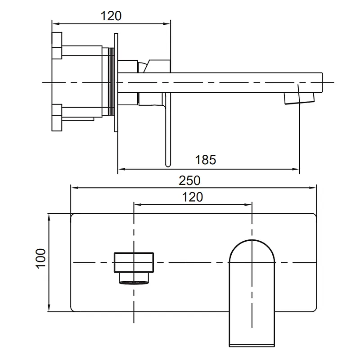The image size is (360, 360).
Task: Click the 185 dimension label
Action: (x=206, y=160)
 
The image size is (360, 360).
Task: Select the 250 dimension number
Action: (x=189, y=180)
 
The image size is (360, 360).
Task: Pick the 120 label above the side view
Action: (x=111, y=16)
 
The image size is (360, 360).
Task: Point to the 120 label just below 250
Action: (x=193, y=197)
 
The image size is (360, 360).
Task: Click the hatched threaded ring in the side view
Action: (x=112, y=81)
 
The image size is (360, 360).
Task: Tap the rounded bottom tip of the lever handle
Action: (x=168, y=164)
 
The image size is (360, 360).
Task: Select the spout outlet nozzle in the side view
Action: (x=299, y=98)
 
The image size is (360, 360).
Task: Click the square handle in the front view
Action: (x=134, y=262)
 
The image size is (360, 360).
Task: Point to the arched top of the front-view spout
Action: (x=252, y=240)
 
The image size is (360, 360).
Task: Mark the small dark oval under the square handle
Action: (x=134, y=283)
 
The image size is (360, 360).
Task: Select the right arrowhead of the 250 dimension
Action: (x=313, y=188)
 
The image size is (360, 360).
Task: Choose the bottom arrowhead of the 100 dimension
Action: (x=49, y=308)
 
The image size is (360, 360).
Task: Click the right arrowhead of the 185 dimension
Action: (x=296, y=169)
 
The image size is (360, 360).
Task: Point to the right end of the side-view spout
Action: (x=322, y=83)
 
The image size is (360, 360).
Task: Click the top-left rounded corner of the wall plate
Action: (x=72, y=216)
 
